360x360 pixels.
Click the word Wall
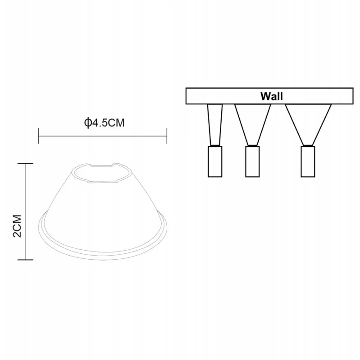(x=272, y=96)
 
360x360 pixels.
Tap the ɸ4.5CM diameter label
(x=105, y=123)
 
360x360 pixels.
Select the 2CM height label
(x=18, y=226)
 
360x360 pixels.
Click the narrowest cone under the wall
(x=215, y=125)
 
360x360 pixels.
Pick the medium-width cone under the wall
(x=253, y=125)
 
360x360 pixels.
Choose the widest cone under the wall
(x=308, y=125)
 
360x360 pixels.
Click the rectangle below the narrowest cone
(x=215, y=162)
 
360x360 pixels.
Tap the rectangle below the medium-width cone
(x=252, y=162)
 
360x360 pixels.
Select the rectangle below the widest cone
(x=308, y=162)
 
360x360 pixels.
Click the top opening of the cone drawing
(x=102, y=173)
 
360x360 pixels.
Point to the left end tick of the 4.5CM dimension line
(x=38, y=136)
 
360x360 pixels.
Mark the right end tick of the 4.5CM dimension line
(x=167, y=136)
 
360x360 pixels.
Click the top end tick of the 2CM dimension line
(x=25, y=163)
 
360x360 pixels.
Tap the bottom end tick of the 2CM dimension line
(x=25, y=260)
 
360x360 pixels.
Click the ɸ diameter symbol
(x=87, y=123)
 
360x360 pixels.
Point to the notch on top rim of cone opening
(x=102, y=165)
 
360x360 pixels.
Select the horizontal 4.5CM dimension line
(x=103, y=136)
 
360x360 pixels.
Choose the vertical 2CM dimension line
(x=25, y=211)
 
